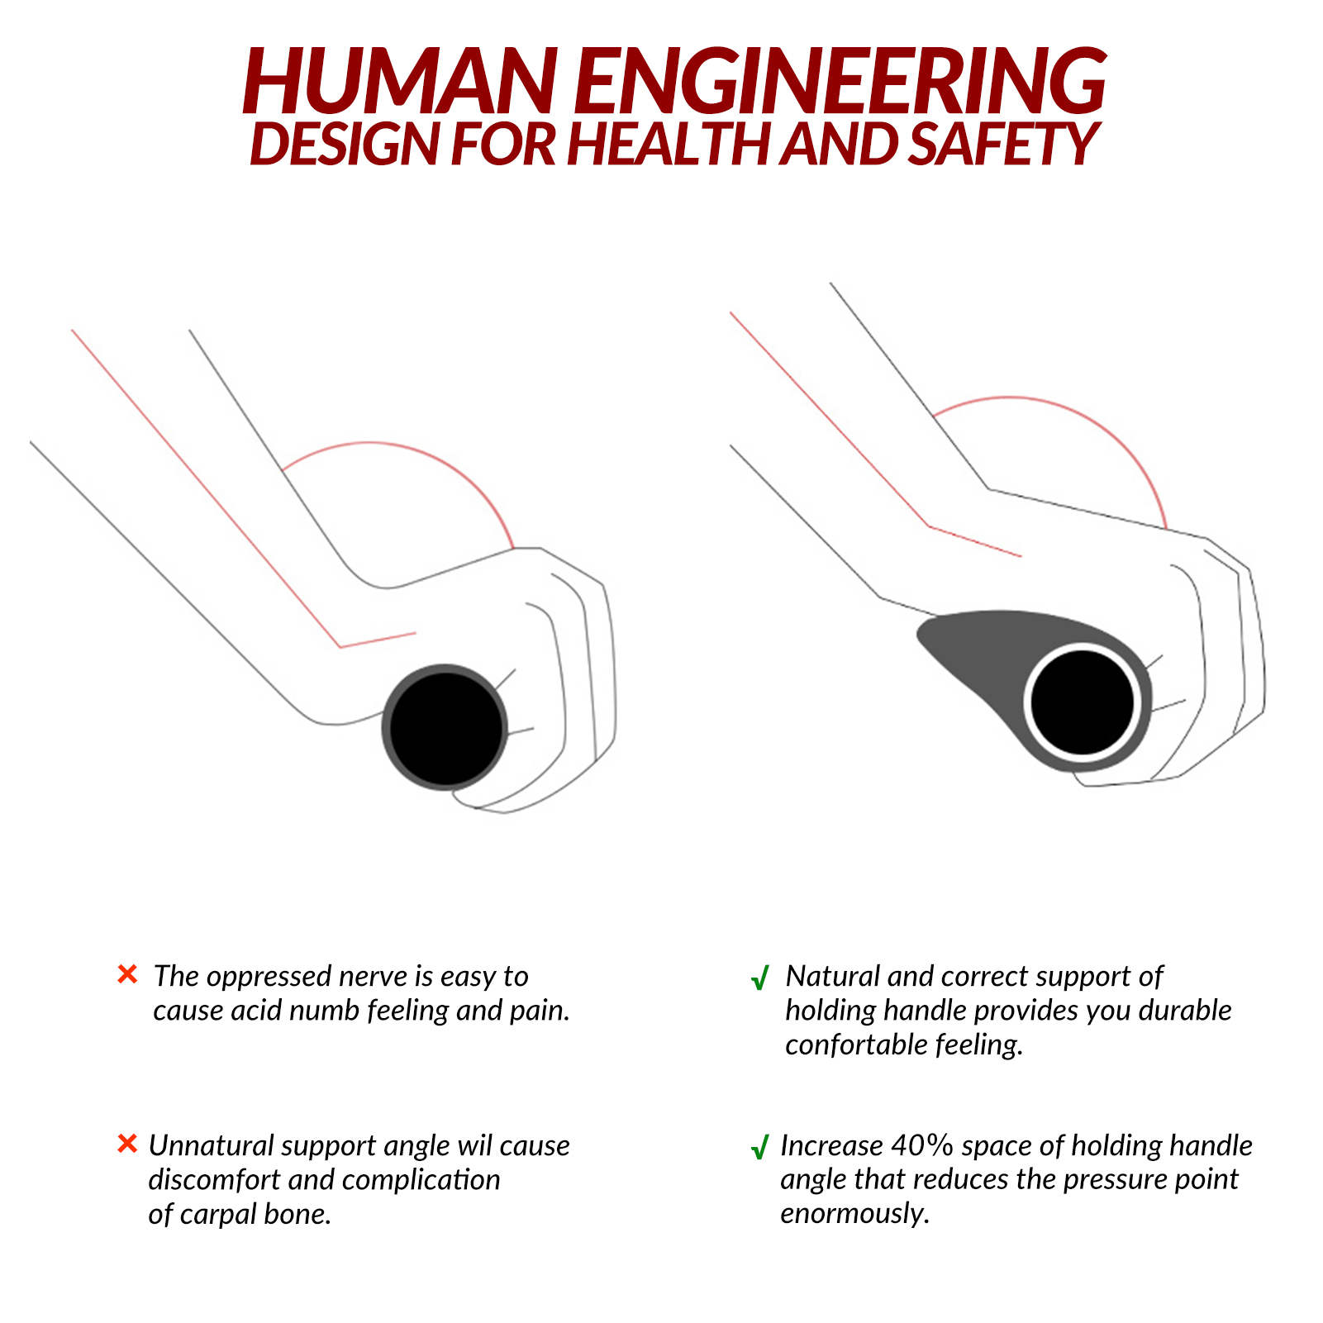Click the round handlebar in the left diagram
pos(445,726)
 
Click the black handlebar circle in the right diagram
pos(1083,702)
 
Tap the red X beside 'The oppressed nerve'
pos(127,975)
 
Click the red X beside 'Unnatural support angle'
pos(127,1145)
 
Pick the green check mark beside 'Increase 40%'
pos(759,1149)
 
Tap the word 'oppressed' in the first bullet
pos(269,977)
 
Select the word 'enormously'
pos(854,1213)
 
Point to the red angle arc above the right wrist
pos(1066,409)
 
